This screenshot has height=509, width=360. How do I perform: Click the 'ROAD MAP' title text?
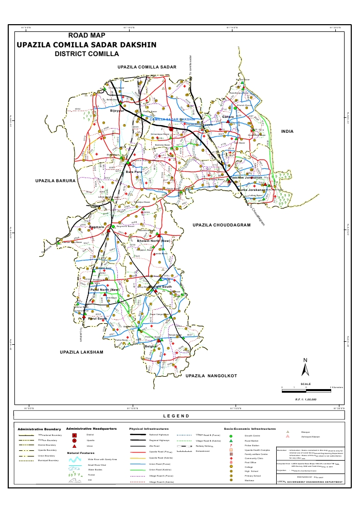pos(89,36)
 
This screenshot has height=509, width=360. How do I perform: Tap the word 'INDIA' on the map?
pos(287,132)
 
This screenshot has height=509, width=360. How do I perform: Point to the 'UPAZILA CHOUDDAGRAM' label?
pos(221,225)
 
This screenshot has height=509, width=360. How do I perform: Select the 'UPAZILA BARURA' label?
pos(56,181)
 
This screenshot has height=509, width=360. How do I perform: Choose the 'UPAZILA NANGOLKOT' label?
pos(211,376)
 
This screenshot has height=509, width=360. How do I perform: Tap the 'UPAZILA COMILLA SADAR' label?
pos(147,67)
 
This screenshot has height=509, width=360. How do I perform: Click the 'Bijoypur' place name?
pos(117,110)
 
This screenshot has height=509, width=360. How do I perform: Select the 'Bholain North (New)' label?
pos(153,241)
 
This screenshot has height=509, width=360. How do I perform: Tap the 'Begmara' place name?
pos(97,227)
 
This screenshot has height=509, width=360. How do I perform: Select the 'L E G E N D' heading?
pos(176,416)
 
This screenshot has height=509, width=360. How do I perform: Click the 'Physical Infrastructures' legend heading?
pos(149,428)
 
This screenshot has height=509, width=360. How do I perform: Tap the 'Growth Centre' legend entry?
pos(251,435)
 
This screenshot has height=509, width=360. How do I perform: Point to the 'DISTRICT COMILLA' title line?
pos(86,54)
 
